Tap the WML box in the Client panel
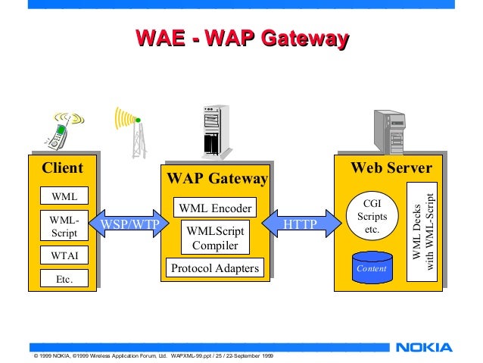tap(64, 196)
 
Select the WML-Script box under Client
tap(64, 227)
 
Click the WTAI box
tap(64, 255)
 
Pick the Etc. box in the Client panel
tap(64, 280)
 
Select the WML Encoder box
tap(215, 207)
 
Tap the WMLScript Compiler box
tap(215, 238)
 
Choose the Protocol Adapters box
tap(215, 268)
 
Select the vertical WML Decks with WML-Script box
tap(422, 231)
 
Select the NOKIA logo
tap(424, 348)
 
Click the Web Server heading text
tap(391, 167)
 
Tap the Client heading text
tap(61, 167)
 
